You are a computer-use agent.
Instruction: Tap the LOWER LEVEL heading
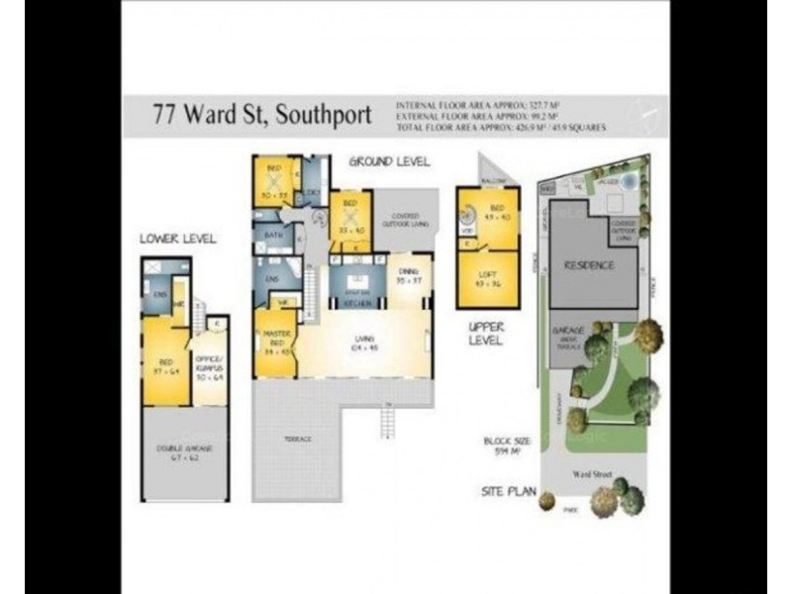pos(177,239)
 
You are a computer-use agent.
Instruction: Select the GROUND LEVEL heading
pos(389,161)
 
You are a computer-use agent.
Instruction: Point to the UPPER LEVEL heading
pos(486,334)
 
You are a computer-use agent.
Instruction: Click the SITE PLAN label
pos(509,489)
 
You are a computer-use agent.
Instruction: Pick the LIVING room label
pos(363,346)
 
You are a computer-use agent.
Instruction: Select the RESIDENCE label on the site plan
pos(590,265)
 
